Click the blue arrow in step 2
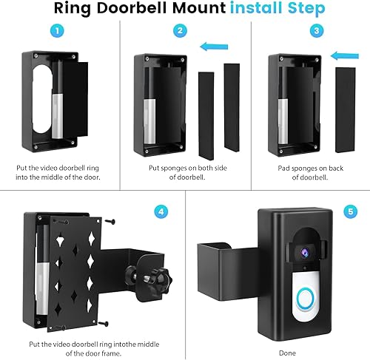click(x=214, y=47)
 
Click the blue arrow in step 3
click(x=340, y=54)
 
